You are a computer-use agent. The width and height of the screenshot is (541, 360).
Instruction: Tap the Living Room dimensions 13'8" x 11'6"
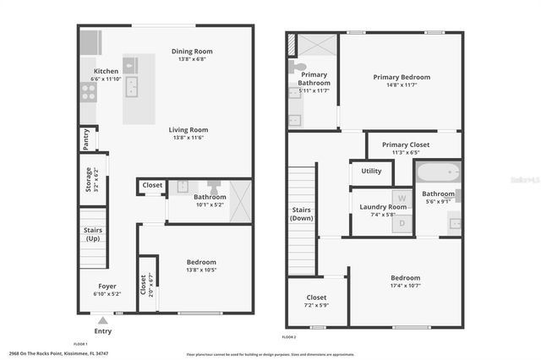(189, 138)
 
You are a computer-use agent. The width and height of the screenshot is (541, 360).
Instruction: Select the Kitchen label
(106, 71)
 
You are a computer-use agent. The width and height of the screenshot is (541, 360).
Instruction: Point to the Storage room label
(88, 179)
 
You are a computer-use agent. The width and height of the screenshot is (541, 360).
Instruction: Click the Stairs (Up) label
(93, 233)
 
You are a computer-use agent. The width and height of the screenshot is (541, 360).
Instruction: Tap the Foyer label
(107, 286)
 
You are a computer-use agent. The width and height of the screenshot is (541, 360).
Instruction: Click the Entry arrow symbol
(103, 320)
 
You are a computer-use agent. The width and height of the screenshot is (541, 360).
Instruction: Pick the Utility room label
(371, 171)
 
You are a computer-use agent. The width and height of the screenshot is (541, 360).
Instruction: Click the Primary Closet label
(407, 144)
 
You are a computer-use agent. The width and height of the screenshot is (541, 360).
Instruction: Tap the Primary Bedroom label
(402, 77)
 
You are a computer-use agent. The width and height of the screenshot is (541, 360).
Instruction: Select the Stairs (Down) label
(302, 214)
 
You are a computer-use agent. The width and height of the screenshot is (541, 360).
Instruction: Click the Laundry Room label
(383, 206)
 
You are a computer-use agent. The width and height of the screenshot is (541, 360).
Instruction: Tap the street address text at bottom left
(58, 353)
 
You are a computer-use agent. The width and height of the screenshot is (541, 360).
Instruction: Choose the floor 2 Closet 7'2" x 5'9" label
(316, 297)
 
